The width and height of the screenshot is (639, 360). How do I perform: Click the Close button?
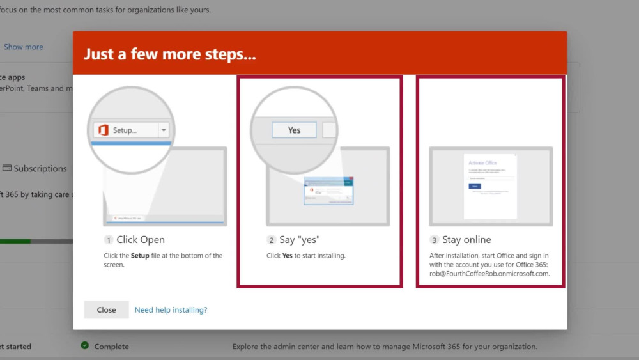(106, 310)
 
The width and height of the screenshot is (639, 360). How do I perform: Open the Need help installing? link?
(171, 310)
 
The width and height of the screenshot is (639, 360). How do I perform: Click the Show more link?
(24, 47)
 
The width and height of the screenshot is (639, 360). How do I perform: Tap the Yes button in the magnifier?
(294, 130)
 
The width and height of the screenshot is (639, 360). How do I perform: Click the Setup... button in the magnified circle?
(125, 130)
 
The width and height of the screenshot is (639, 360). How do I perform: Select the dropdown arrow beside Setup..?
(164, 130)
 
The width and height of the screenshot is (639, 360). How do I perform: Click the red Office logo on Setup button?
(103, 130)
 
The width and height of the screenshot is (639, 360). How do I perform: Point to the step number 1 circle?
(109, 240)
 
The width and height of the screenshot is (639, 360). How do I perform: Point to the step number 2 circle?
(272, 240)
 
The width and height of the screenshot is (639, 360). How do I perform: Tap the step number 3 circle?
(435, 240)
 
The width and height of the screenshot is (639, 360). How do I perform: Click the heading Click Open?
(141, 240)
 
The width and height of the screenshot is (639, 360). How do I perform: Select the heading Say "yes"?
(299, 240)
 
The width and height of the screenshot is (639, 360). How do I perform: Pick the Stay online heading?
(466, 240)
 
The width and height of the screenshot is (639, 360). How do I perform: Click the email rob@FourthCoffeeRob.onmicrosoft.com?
(489, 274)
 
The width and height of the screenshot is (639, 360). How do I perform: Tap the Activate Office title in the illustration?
(482, 163)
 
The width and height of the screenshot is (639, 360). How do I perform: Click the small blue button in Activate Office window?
(475, 186)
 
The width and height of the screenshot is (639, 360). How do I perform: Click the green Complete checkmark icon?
(84, 346)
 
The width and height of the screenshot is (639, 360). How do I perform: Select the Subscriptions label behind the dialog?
(40, 169)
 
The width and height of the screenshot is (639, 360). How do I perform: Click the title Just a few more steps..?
(169, 54)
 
